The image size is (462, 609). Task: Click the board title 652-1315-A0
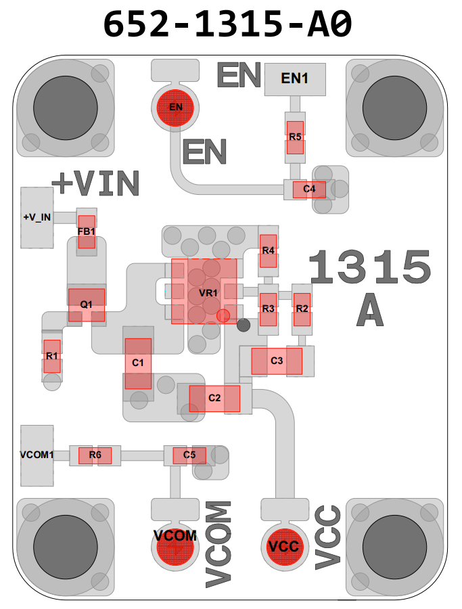(x=228, y=24)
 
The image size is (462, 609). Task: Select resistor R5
(x=295, y=137)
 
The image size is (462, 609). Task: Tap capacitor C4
(x=309, y=189)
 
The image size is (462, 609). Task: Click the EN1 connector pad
(x=295, y=78)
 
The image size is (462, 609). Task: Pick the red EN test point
(x=175, y=107)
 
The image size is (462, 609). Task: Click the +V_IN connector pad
(x=37, y=217)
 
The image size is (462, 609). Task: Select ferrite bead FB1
(x=87, y=231)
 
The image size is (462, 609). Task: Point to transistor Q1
(x=87, y=305)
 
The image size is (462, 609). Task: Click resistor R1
(x=52, y=356)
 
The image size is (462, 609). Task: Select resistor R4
(x=268, y=251)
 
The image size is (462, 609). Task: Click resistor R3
(x=269, y=309)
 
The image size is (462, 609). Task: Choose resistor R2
(x=302, y=309)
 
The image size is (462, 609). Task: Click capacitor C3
(x=277, y=361)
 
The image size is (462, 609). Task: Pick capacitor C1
(x=138, y=363)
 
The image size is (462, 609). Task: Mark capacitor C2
(x=214, y=399)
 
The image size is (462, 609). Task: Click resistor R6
(x=95, y=455)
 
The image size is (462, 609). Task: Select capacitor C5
(x=189, y=455)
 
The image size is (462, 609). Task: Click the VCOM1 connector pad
(x=37, y=455)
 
